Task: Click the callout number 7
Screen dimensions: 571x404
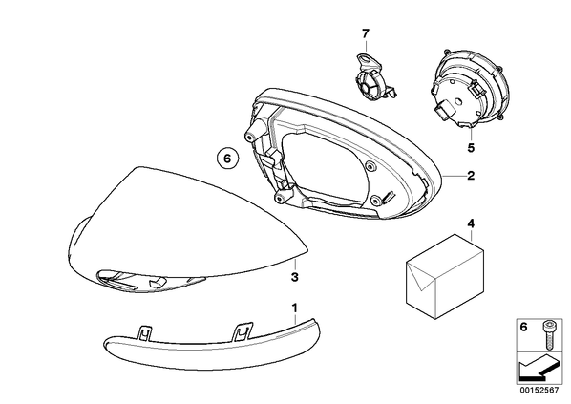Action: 366,33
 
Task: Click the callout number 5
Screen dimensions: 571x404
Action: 471,148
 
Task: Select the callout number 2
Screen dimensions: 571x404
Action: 471,176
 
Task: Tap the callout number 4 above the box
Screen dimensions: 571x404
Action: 471,223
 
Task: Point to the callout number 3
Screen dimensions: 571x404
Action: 295,277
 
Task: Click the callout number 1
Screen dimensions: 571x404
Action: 295,308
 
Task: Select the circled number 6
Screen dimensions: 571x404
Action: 227,159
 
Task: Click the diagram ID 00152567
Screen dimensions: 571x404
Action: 539,391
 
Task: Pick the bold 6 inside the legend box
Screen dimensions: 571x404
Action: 523,327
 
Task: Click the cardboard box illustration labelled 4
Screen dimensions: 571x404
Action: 445,277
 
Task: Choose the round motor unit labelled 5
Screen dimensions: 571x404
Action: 465,90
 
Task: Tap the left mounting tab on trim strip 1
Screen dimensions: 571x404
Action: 145,331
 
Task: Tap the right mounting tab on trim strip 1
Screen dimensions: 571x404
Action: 243,330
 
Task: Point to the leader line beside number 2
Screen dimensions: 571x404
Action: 455,176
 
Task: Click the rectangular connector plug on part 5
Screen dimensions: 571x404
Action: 445,110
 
